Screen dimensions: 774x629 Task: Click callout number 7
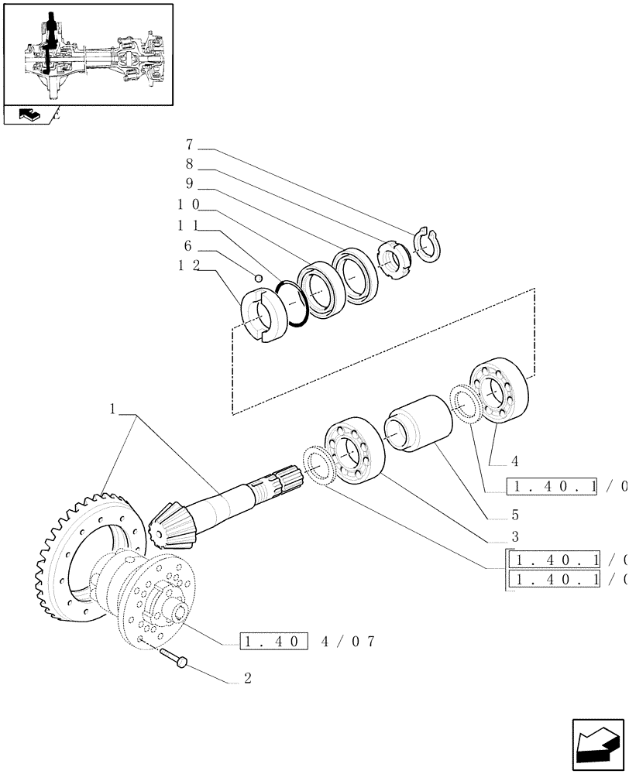pos(190,145)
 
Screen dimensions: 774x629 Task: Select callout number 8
pos(190,164)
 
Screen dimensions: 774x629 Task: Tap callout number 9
pos(190,184)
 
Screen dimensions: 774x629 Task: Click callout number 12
pos(190,265)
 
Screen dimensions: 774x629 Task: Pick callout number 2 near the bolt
pos(247,680)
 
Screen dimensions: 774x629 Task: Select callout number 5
pos(493,514)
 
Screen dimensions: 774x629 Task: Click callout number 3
pos(493,536)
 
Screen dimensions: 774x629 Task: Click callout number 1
pos(113,408)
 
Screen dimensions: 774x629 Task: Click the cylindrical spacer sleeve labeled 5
pos(418,423)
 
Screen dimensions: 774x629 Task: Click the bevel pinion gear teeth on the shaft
pos(171,526)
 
